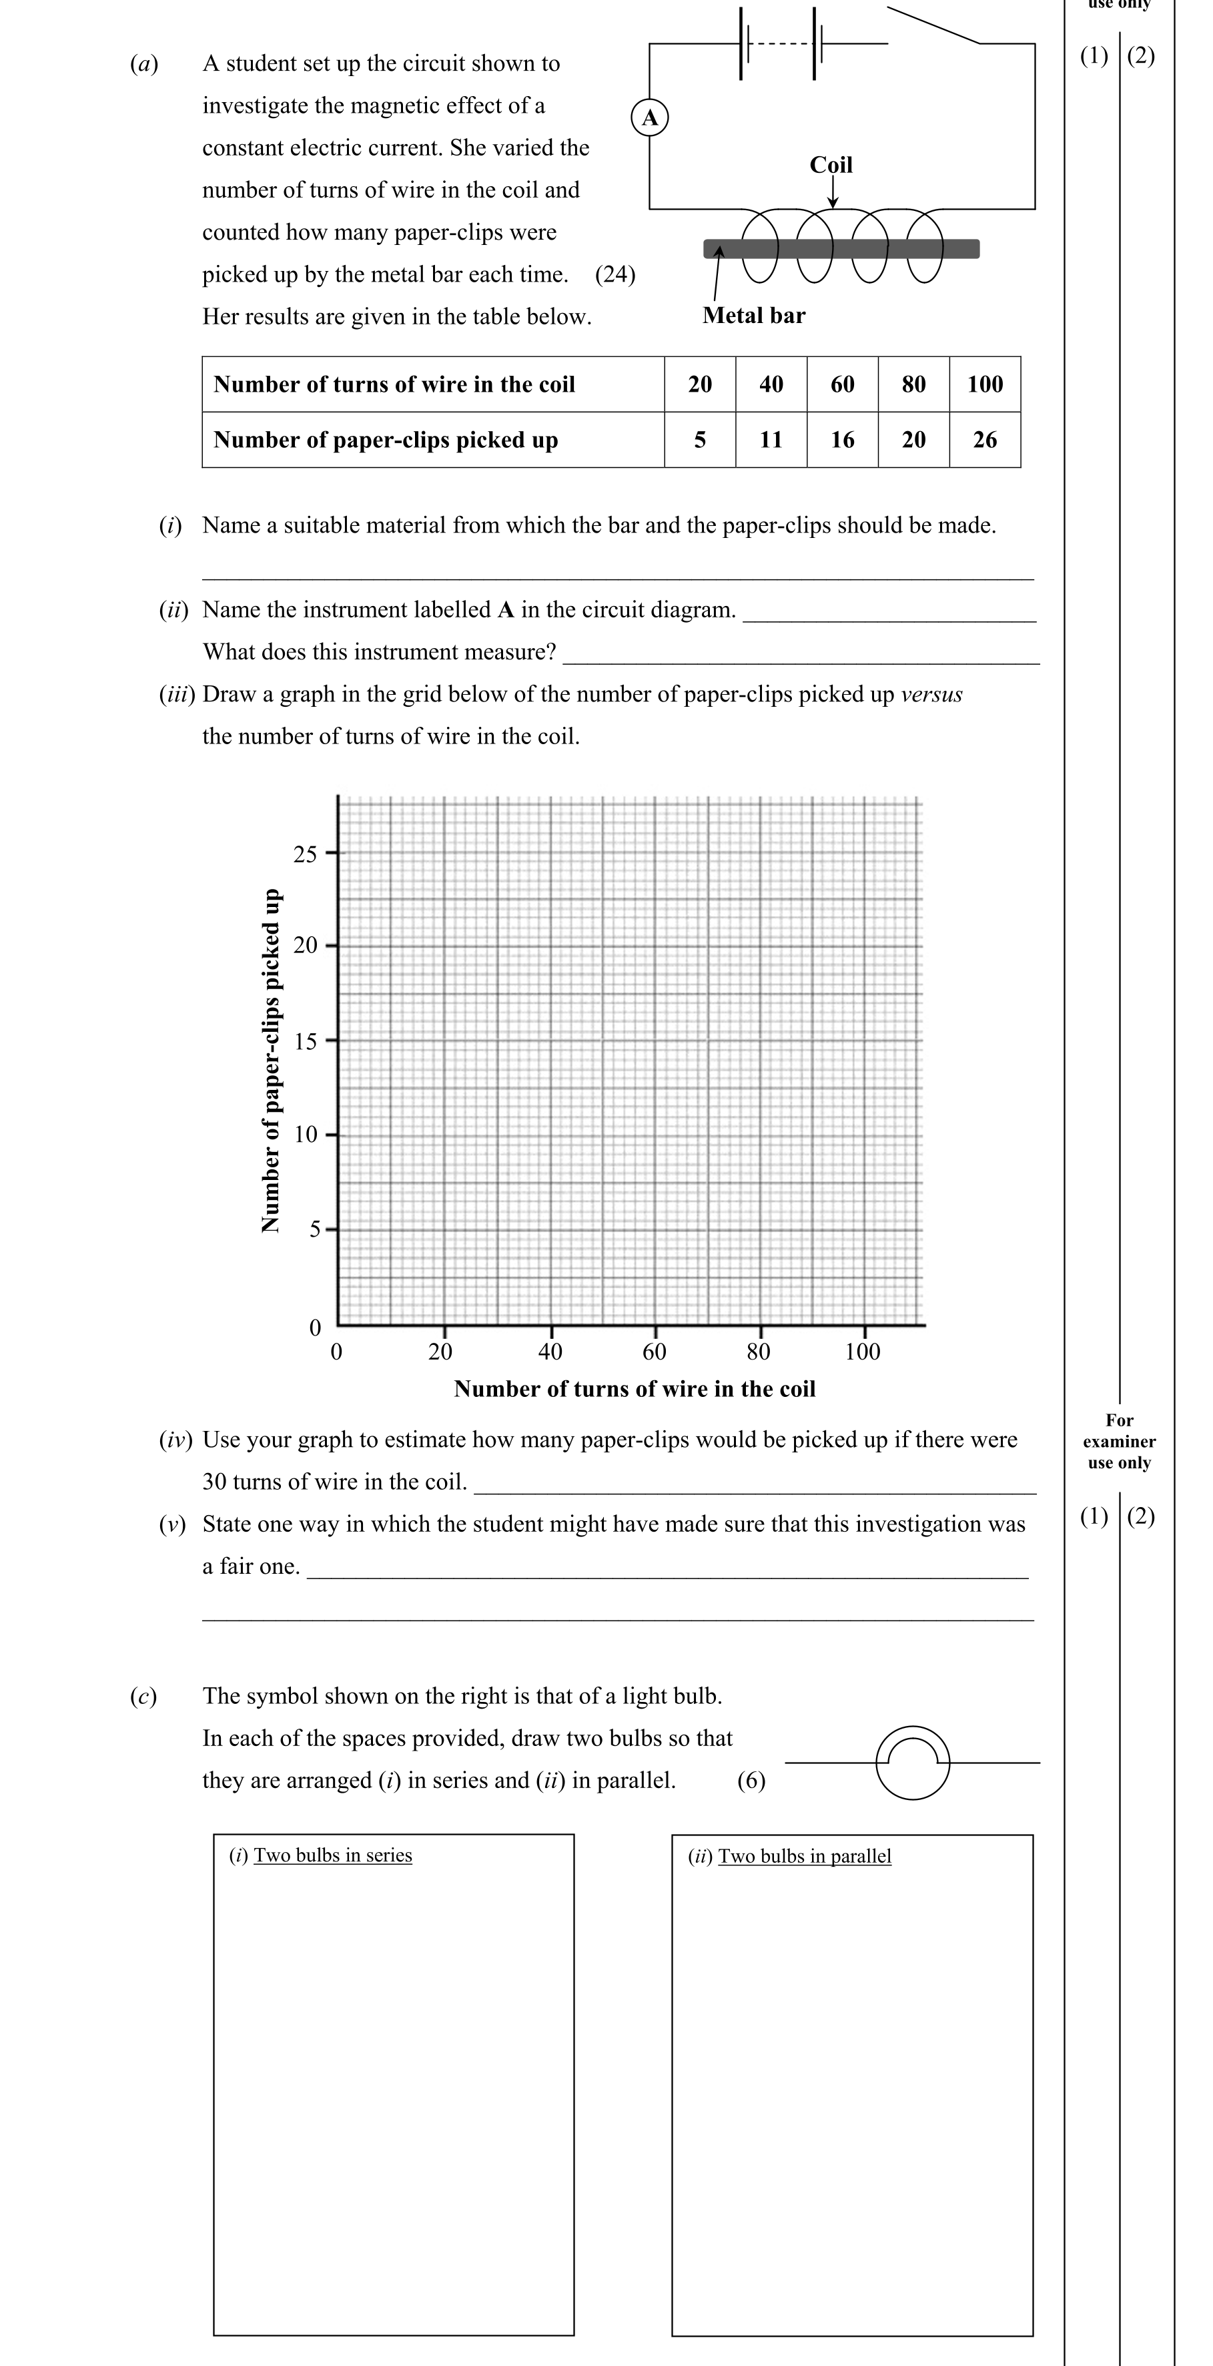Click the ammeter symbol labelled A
coord(649,117)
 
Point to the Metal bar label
coord(753,315)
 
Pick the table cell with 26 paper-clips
coord(984,440)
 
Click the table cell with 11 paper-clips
coord(771,440)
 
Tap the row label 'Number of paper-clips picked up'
coord(386,440)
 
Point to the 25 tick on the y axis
coord(305,854)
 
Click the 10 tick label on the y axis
coord(305,1135)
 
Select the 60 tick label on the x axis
coord(654,1351)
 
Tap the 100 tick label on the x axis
coord(862,1351)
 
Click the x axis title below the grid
coord(635,1389)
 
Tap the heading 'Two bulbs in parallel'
coord(805,1855)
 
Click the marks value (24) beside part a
coord(615,274)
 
